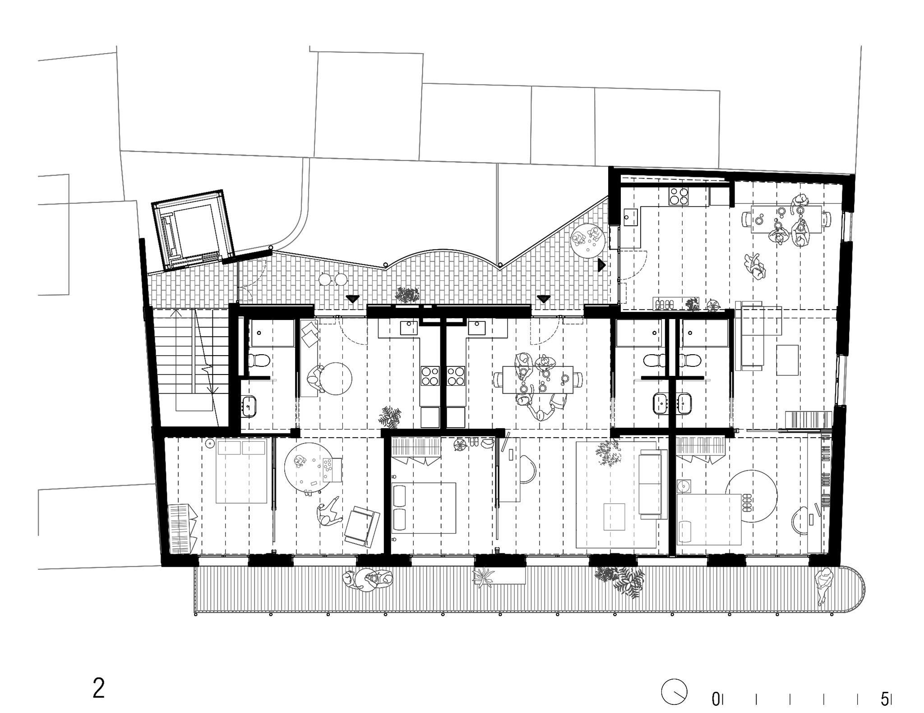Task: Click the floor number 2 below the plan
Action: click(99, 689)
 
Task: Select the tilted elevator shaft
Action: click(193, 230)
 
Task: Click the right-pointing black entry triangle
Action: click(601, 265)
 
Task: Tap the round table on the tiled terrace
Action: click(588, 240)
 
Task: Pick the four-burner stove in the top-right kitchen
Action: click(679, 196)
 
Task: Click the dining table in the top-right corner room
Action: click(786, 219)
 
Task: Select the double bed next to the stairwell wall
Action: click(241, 472)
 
